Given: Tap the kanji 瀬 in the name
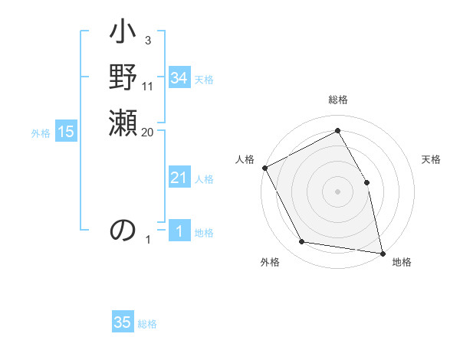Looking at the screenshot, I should point(123,123).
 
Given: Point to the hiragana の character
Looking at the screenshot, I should point(123,230).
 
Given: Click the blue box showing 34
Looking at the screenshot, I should point(179,78).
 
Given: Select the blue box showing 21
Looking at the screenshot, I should point(179,178).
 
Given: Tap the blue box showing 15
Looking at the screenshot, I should point(66,132).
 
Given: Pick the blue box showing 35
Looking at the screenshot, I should point(123,322).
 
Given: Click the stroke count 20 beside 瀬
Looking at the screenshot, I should point(148,133).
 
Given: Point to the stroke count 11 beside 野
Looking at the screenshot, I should point(148,86).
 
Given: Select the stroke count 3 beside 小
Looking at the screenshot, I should point(147,40).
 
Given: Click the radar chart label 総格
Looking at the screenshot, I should point(338,100).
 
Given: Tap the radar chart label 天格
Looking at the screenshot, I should point(432,159).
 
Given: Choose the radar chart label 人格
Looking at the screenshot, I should point(245,159).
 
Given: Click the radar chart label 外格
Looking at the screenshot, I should point(270,262).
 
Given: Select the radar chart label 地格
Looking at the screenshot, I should point(402,262).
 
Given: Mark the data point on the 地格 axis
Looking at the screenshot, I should point(383,253).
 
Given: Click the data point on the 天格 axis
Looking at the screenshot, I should point(366,182).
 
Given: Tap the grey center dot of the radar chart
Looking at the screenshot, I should point(337,191).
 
